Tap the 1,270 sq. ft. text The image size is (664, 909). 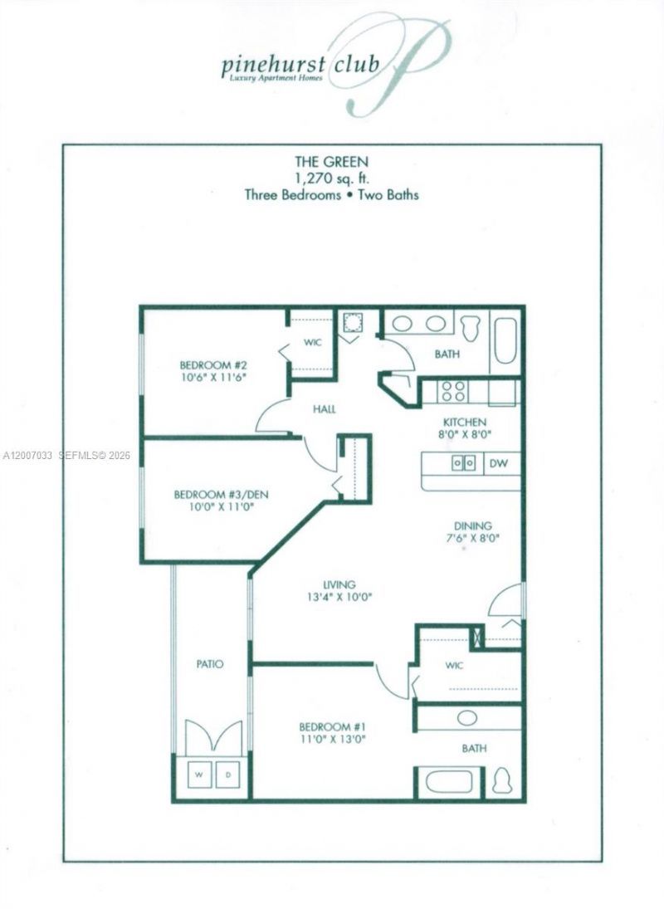[x=331, y=179]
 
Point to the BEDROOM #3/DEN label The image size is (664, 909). [x=221, y=495]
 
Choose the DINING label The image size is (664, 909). [x=472, y=525]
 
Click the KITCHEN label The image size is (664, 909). [x=465, y=422]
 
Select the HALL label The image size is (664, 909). [x=324, y=409]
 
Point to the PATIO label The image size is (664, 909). [x=211, y=664]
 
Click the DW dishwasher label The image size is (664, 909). [x=498, y=463]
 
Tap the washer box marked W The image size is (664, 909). [x=199, y=775]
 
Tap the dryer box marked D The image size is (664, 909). [x=228, y=775]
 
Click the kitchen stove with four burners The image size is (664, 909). [x=453, y=392]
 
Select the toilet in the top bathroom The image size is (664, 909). [x=471, y=326]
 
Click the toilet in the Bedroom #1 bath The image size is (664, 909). [x=502, y=781]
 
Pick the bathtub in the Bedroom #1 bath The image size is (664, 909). [x=447, y=781]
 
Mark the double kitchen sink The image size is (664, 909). [x=463, y=462]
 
